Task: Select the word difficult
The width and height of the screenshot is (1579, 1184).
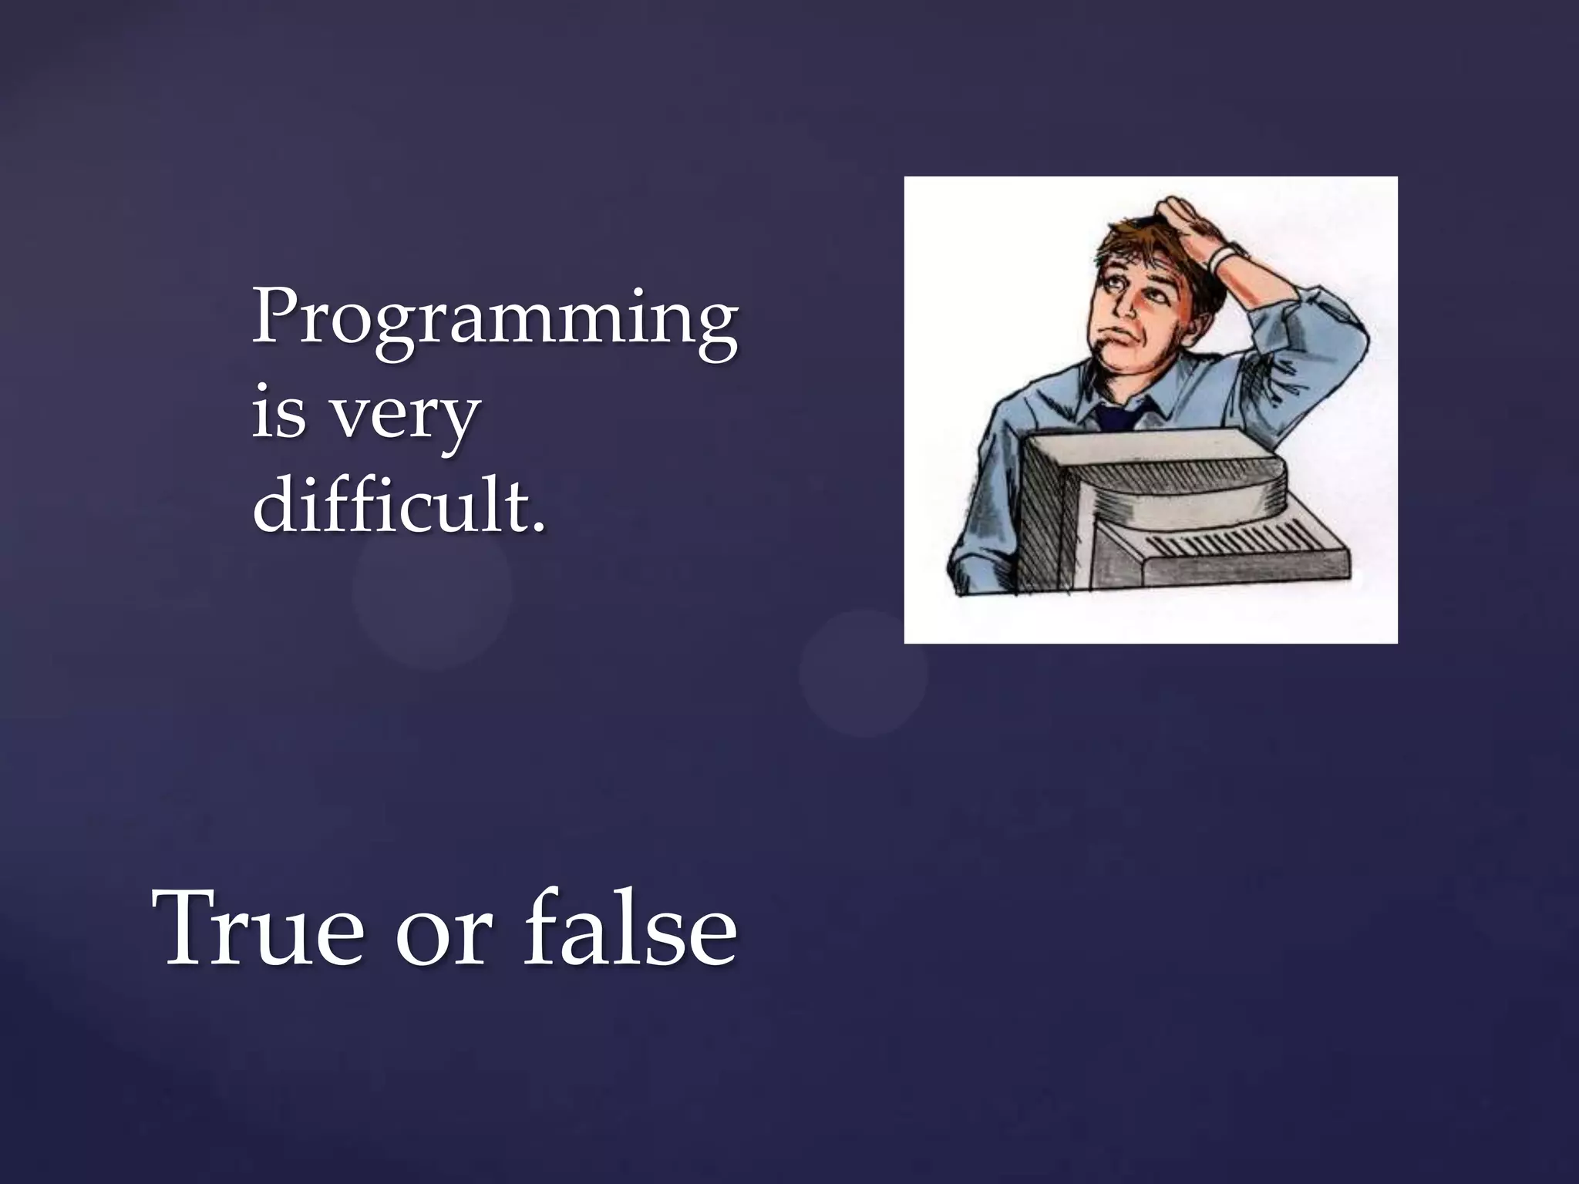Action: click(x=389, y=505)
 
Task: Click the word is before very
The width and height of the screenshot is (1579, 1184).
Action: click(x=278, y=412)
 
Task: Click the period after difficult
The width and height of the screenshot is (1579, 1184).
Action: click(x=538, y=527)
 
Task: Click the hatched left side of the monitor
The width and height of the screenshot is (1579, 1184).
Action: click(x=1049, y=524)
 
